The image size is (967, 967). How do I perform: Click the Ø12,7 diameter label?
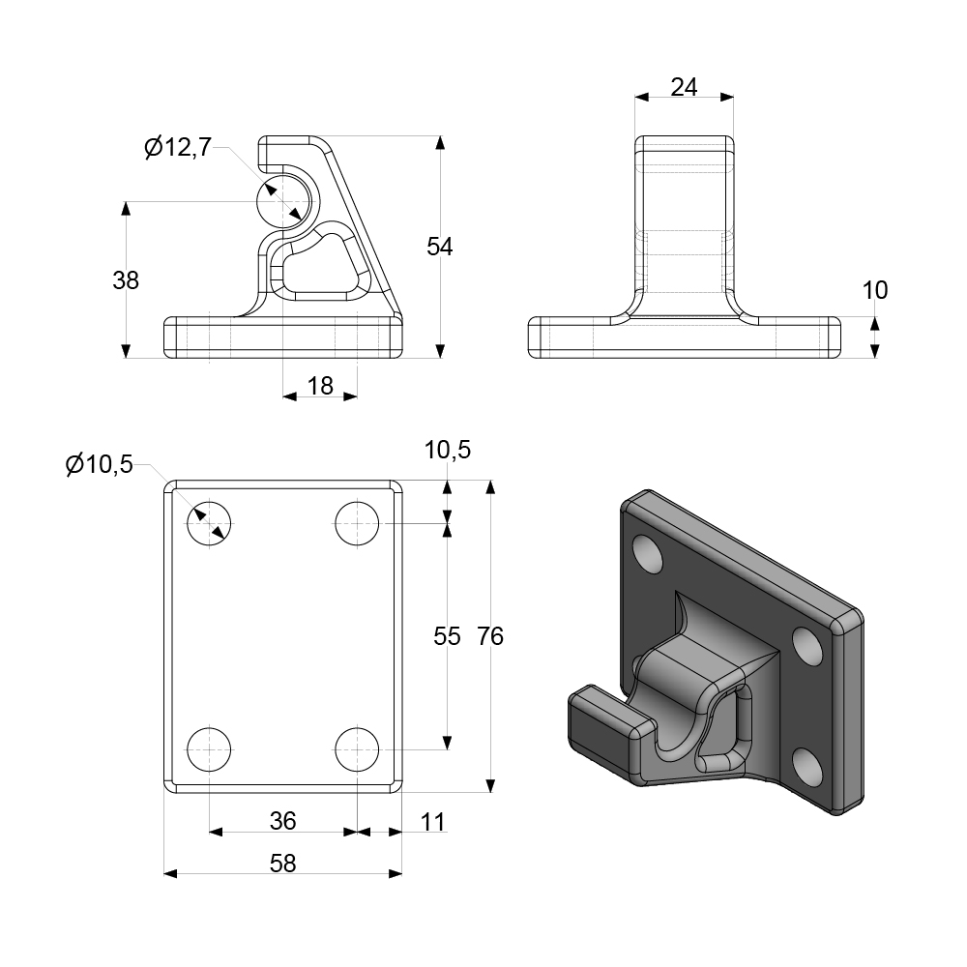coord(177,148)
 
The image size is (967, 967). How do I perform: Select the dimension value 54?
coord(440,247)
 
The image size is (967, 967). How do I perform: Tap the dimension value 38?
coord(126,280)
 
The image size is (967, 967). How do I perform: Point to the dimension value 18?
coord(320,386)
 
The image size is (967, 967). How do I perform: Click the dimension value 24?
coord(684,87)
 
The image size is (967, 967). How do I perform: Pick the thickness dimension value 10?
coord(874,290)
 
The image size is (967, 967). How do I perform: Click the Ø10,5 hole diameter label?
coord(99,465)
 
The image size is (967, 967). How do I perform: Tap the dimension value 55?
coord(447,635)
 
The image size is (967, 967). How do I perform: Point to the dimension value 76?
coord(490,635)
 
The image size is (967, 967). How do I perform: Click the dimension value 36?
coord(282,821)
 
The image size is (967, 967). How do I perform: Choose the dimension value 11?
coord(434,821)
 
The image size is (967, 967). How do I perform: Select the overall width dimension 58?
coord(282,864)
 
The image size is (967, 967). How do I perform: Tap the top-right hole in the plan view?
coord(357,524)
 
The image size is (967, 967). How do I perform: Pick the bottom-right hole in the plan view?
coord(357,749)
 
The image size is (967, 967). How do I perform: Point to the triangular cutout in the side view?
coord(319,266)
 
